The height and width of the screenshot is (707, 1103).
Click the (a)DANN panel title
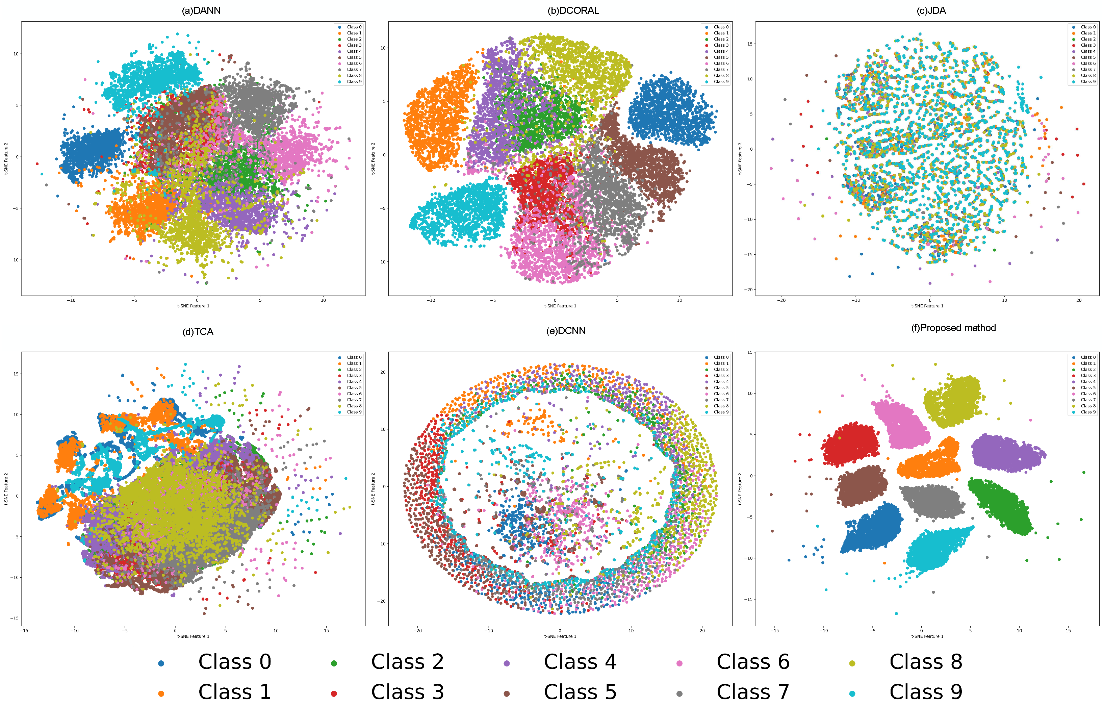[201, 10]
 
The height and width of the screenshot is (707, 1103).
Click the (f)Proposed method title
[953, 328]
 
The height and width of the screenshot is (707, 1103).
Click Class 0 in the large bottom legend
[235, 661]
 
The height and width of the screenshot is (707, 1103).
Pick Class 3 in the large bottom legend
[407, 692]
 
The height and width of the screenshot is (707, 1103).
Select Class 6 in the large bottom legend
[753, 661]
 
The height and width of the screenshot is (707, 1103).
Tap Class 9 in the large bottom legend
[925, 692]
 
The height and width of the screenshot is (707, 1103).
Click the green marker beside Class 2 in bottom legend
[334, 663]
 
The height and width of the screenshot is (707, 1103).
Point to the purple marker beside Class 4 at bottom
[506, 663]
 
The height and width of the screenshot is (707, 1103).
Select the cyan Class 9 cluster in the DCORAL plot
[459, 213]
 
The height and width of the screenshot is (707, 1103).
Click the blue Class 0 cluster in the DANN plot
[92, 151]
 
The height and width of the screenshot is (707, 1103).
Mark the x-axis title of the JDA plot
[927, 306]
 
